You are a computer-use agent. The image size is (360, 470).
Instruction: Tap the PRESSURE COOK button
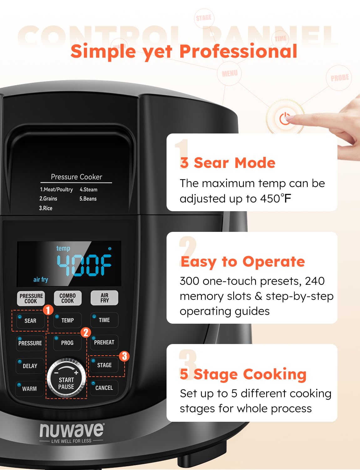pos(31,298)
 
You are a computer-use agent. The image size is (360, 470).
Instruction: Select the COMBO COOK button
pos(68,298)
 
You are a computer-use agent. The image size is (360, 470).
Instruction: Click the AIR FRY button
pos(104,298)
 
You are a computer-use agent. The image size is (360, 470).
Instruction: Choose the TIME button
pos(104,320)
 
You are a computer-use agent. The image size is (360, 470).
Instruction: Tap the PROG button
pos(67,342)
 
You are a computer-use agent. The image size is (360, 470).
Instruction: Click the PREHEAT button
pos(104,342)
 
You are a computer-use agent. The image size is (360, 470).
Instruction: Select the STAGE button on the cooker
pos(104,365)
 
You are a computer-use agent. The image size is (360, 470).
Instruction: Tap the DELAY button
pos(30,366)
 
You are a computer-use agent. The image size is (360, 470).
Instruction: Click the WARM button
pos(29,389)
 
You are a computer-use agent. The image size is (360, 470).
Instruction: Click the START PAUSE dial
pos(66,379)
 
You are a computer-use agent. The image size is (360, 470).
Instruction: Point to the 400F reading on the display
pos(84,265)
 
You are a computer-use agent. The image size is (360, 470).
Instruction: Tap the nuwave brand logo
pos(72,431)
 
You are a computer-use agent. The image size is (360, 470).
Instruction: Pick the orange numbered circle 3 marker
pos(124,356)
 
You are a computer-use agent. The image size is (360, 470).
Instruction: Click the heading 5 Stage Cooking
pos(243,374)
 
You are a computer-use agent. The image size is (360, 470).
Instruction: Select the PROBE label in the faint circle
pos(339,78)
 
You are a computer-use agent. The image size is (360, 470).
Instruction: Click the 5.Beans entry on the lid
pos(88,199)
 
